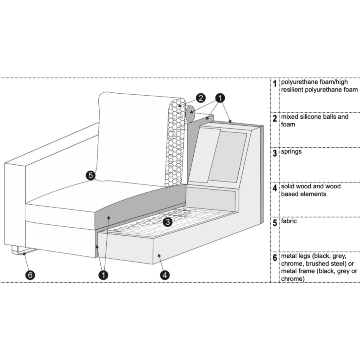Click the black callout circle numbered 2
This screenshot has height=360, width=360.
201,98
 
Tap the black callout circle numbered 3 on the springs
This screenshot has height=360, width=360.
168,221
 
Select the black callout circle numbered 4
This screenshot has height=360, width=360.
165,275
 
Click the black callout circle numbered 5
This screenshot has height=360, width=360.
90,175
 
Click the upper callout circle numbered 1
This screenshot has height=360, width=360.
220,98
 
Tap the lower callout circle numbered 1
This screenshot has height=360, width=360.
104,275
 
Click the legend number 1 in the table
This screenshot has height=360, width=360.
275,84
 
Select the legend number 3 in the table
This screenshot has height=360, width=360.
275,153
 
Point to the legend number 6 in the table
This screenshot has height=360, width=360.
275,258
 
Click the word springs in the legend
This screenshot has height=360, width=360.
291,152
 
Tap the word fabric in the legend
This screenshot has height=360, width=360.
289,221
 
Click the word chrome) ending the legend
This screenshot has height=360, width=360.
293,278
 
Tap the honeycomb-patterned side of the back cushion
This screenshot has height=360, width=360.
174,144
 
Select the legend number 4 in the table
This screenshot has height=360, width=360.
275,188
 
